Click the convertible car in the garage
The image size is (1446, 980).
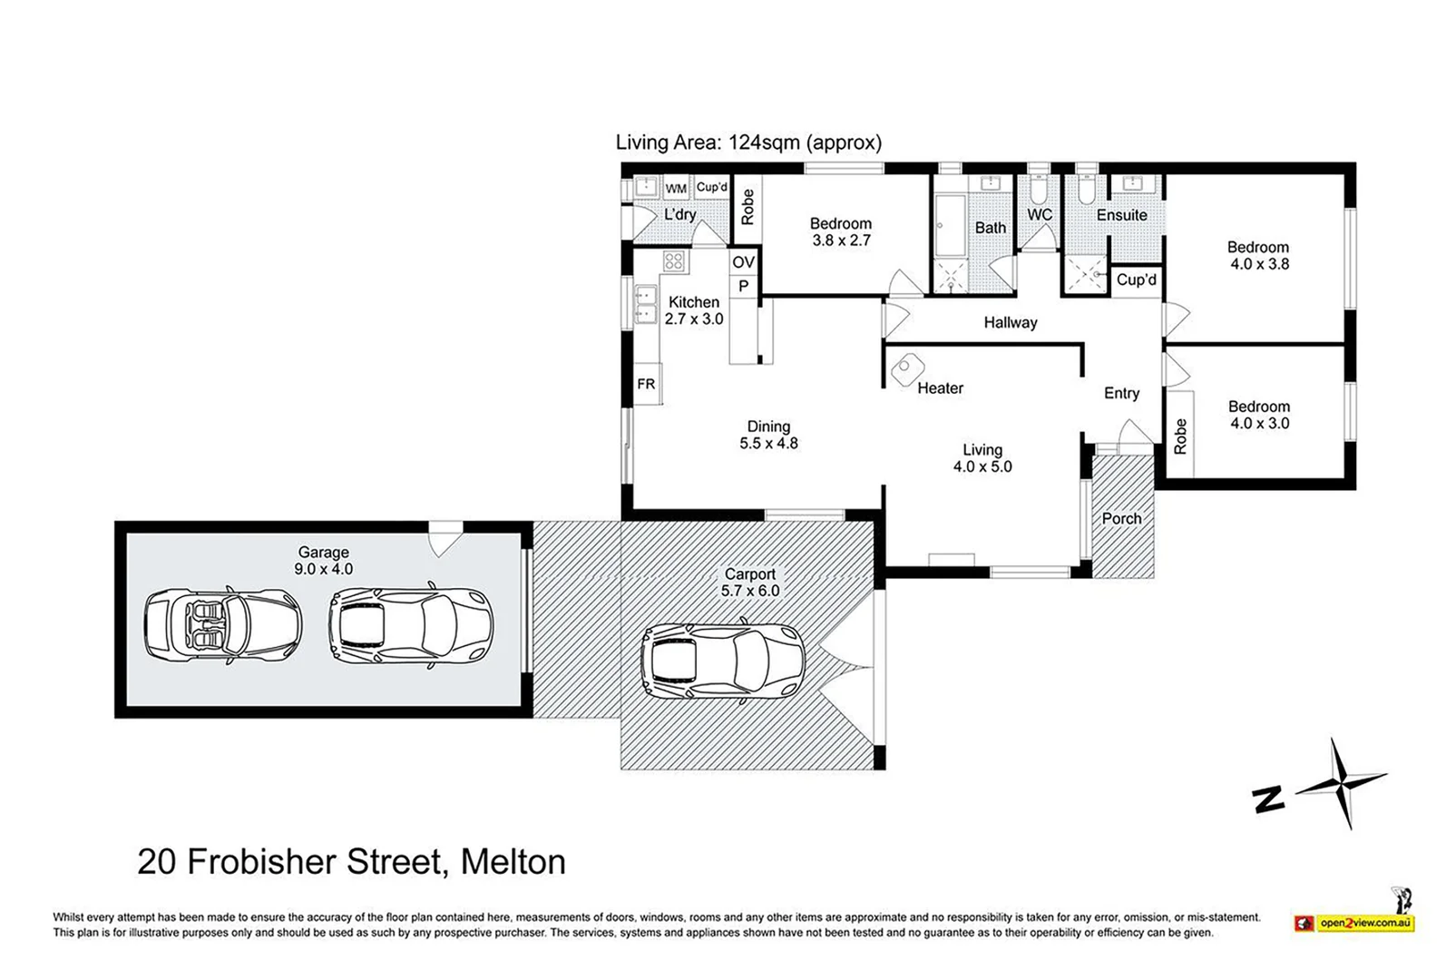click(x=223, y=626)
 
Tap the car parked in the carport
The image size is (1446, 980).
click(x=723, y=661)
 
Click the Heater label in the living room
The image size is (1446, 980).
click(x=940, y=388)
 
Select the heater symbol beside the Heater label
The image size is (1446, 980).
click(x=905, y=369)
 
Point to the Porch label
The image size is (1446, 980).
click(x=1121, y=519)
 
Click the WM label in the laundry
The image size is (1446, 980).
click(x=676, y=189)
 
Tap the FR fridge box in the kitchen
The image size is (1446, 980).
click(x=646, y=384)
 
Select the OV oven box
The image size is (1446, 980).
click(x=743, y=262)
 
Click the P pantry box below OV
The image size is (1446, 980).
click(x=743, y=287)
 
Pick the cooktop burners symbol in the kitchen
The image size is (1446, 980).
click(x=673, y=262)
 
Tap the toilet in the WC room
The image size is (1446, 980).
click(x=1039, y=191)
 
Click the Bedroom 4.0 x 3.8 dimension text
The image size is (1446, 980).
click(x=1259, y=264)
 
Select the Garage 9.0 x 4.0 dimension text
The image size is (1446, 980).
click(x=324, y=569)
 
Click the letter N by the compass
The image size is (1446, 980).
click(x=1268, y=799)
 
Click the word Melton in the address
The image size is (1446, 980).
click(x=513, y=861)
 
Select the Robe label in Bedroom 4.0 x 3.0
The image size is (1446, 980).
click(x=1180, y=436)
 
